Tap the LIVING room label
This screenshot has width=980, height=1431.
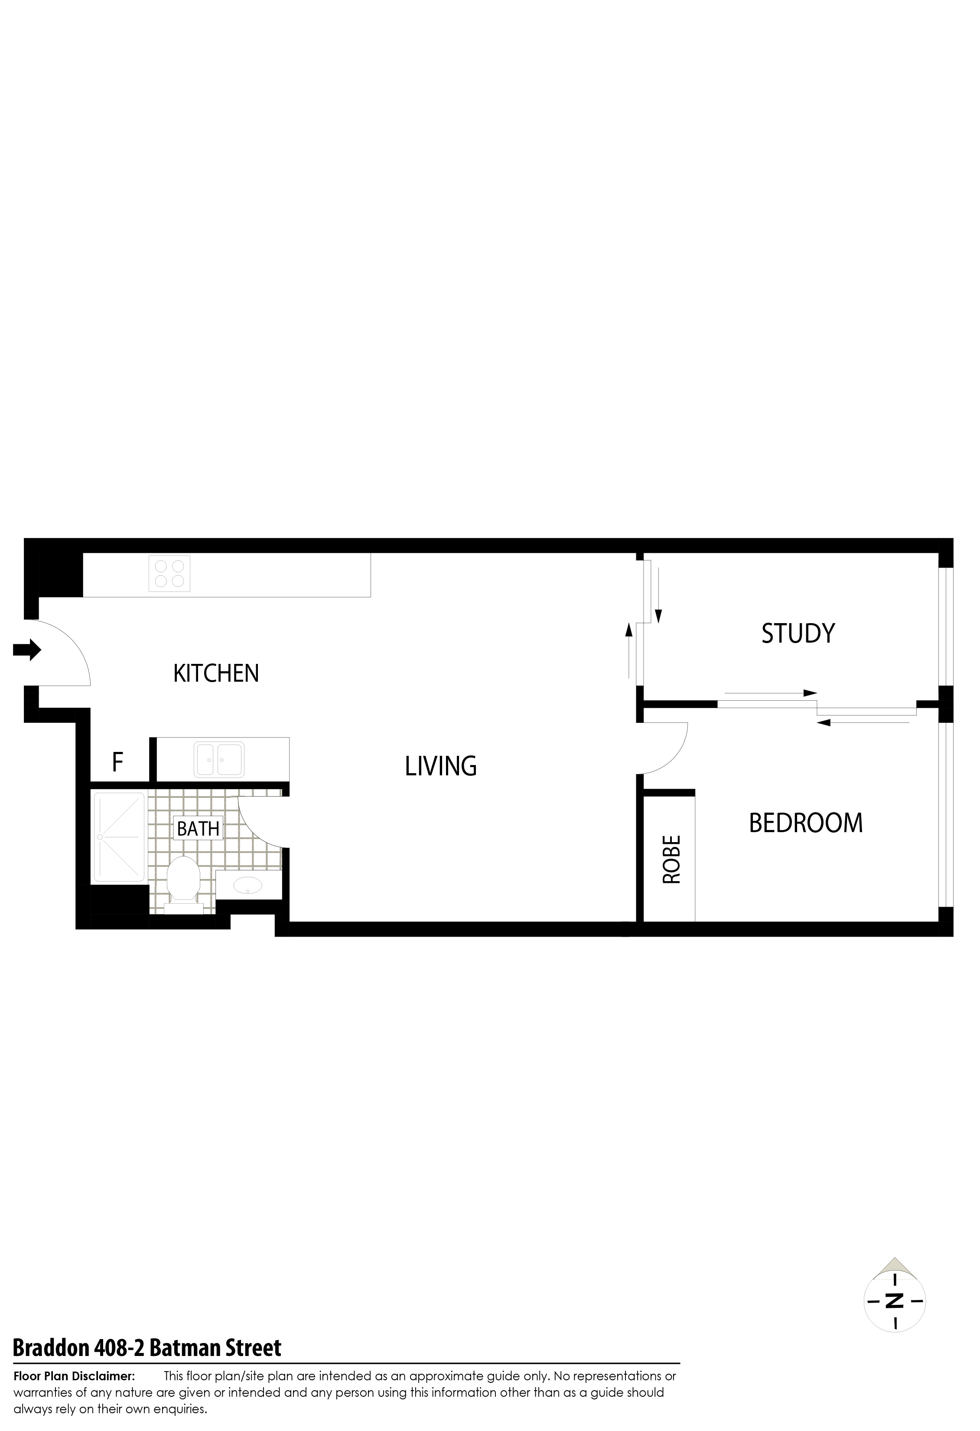coord(441,766)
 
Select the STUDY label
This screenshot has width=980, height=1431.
coord(798,634)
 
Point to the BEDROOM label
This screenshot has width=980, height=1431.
coord(806,823)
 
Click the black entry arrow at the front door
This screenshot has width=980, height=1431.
coord(27,650)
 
